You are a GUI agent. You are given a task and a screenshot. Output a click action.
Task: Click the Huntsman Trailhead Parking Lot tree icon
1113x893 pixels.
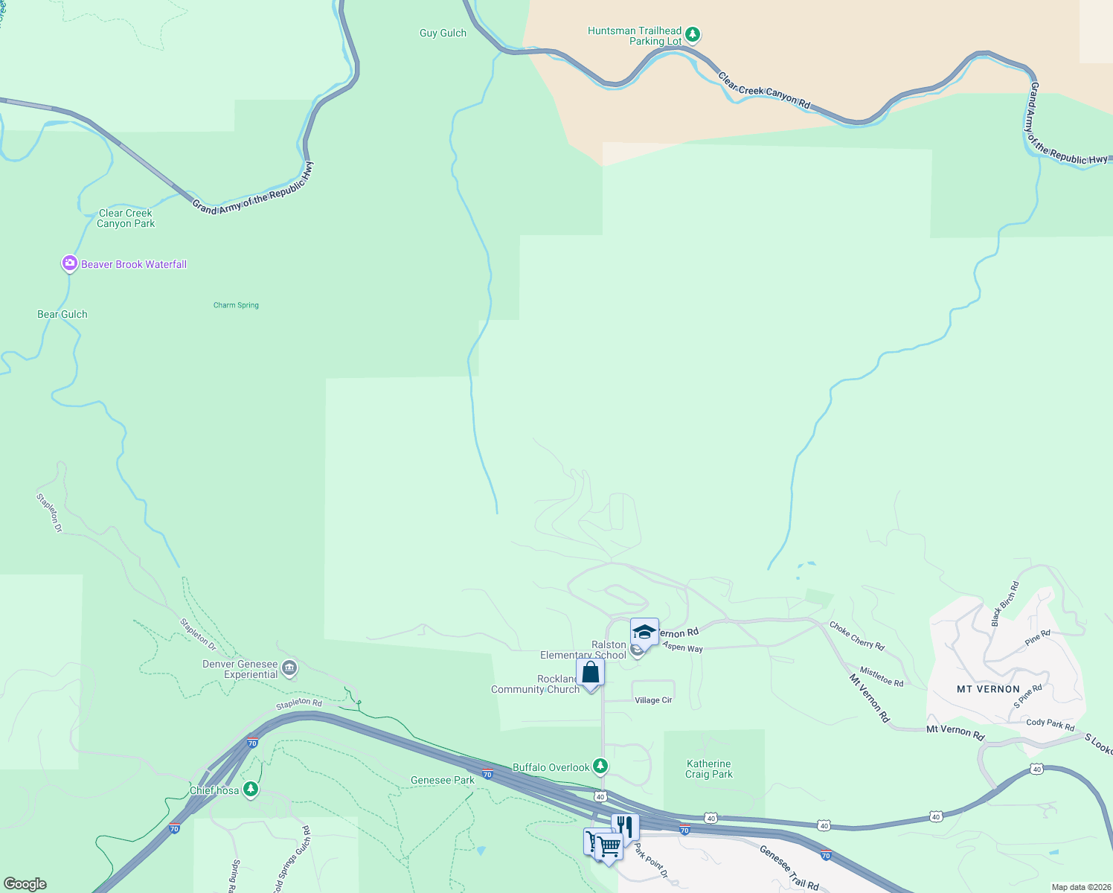click(x=693, y=34)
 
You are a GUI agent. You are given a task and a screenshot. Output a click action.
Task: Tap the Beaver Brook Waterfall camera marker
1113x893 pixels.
click(x=70, y=263)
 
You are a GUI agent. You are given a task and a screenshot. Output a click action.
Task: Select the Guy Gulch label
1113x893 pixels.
click(x=443, y=33)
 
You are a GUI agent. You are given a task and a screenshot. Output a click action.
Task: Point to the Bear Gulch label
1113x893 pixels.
click(x=62, y=314)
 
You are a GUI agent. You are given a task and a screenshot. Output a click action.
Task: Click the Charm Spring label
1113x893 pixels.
click(x=236, y=305)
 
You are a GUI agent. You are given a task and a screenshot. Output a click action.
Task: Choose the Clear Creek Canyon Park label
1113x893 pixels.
click(x=126, y=218)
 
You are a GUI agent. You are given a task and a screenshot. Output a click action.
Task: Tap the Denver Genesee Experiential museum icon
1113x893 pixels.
click(x=290, y=668)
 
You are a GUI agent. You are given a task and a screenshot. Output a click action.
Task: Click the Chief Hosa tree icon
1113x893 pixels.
click(x=251, y=789)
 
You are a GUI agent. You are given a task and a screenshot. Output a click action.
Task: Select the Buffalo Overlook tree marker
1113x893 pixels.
click(x=600, y=766)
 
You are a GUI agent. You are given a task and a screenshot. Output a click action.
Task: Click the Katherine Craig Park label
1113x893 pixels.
click(x=709, y=769)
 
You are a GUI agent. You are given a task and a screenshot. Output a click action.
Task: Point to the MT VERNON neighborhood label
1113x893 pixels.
click(x=988, y=689)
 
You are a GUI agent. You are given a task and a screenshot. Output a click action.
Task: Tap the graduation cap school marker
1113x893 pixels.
click(x=644, y=633)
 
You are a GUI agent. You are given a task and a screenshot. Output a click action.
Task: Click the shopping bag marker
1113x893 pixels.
click(x=590, y=672)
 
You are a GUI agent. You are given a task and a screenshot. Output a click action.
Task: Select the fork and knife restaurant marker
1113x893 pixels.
click(x=625, y=827)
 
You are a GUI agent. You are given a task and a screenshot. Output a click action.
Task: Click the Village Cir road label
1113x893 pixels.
click(x=653, y=700)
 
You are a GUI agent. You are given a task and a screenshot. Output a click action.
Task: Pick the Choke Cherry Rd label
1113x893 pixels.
click(x=856, y=636)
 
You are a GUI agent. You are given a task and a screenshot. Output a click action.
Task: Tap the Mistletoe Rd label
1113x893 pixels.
click(x=882, y=676)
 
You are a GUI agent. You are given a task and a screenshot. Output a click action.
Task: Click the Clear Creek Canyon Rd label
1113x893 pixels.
click(x=763, y=91)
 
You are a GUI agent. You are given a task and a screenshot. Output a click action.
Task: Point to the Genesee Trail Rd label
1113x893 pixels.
click(x=789, y=868)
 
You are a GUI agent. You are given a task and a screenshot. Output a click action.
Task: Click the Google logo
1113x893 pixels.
click(x=25, y=883)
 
